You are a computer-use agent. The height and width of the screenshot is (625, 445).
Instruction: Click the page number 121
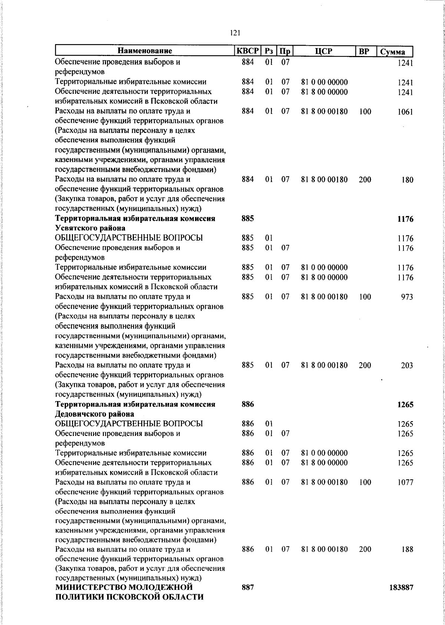[x=235, y=33]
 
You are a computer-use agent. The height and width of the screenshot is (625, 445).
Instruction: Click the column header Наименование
[x=145, y=51]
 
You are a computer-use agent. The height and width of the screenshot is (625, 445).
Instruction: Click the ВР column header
[x=364, y=51]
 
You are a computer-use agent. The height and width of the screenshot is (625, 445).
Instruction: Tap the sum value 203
[x=407, y=366]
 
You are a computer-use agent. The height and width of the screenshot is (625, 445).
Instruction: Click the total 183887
[x=401, y=588]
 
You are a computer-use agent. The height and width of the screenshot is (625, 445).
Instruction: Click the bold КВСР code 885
[x=248, y=219]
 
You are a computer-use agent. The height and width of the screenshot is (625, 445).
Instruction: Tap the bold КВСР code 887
[x=248, y=587]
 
